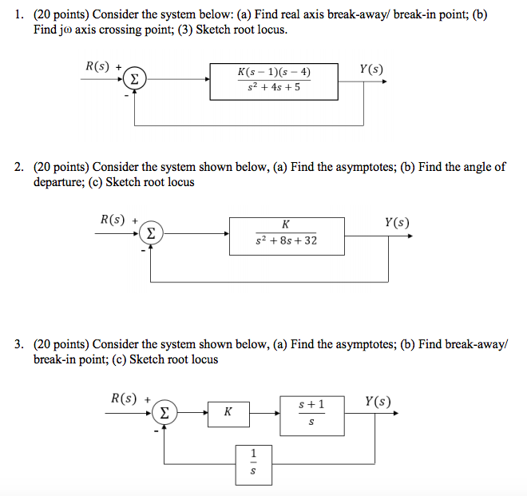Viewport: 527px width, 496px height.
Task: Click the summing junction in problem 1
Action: coord(136,80)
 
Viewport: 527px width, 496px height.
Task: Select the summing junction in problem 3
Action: coord(164,414)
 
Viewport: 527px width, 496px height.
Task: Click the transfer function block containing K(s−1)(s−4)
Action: coord(273,80)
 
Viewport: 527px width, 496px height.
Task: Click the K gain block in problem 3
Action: coord(228,414)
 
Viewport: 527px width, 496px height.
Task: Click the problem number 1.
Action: coord(19,14)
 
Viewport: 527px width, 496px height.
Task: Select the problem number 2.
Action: coord(19,167)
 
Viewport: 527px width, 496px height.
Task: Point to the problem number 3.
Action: coord(19,344)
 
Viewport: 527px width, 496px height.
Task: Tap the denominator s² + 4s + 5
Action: coord(274,88)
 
